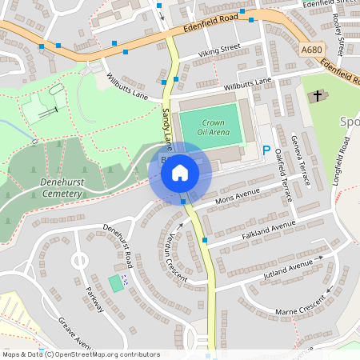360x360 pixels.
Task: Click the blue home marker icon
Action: point(180,173)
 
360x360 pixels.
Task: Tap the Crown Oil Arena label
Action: point(212,126)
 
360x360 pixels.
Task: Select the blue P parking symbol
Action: point(266,150)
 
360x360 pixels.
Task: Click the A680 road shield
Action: point(313,50)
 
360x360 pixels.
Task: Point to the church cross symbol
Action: point(317,96)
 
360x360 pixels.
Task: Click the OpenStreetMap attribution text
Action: point(80,354)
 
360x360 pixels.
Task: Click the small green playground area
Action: point(116,282)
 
